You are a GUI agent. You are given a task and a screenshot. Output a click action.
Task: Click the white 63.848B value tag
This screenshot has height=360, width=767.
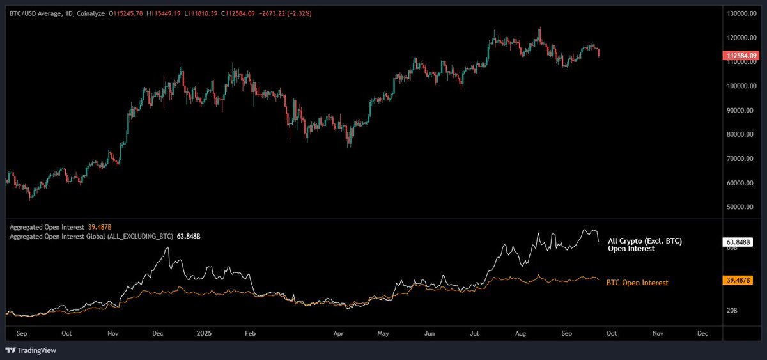tap(738, 242)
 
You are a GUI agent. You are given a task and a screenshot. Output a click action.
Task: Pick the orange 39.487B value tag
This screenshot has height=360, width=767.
tap(738, 280)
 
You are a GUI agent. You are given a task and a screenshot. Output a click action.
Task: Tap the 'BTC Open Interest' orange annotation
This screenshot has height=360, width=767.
tap(637, 282)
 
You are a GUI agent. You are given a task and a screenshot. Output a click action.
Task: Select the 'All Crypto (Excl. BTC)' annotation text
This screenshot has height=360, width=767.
tap(644, 241)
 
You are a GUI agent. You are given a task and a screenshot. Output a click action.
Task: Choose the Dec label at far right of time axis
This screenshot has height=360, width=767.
tap(702, 333)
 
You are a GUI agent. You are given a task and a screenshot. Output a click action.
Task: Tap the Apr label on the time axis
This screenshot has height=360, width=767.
tap(339, 333)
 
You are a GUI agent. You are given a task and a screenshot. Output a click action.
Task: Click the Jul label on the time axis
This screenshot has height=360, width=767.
tap(475, 333)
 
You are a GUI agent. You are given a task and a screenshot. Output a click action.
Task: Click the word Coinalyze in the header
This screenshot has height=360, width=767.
tap(91, 13)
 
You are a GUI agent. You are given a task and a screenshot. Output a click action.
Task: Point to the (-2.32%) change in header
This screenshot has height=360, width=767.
tap(293, 13)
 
